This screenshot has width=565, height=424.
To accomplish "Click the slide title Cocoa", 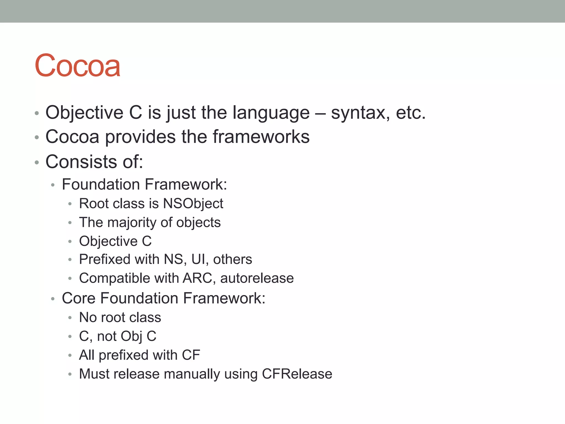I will coord(78,66).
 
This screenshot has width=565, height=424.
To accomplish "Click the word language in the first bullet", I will coord(271,113).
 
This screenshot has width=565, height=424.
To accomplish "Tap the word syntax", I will coord(360,113).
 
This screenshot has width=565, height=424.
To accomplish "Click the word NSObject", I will coord(193,204).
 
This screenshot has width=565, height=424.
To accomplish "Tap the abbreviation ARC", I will coord(197,278).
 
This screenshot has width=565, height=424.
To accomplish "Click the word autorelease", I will coord(257,278).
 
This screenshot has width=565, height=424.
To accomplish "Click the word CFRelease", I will coord(297,374).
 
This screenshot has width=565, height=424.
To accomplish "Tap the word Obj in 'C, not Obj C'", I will coord(131,336).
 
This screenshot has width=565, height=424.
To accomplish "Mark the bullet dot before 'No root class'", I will coord(70,318).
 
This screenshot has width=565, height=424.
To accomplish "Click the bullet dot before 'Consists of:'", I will coord(37,162).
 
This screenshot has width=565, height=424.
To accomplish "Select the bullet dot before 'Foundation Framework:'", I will coord(53,185).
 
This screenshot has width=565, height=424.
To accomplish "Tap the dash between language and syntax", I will coord(320,113).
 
